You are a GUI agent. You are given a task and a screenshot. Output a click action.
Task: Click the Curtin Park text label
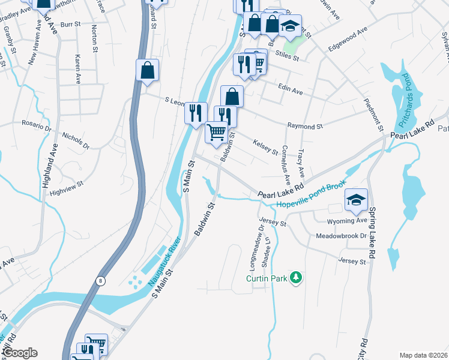265,278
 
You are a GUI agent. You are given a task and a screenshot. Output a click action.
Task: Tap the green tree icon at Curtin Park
295,277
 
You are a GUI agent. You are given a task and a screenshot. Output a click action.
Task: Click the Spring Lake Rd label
372,232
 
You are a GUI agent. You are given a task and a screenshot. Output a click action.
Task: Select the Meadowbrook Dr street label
341,236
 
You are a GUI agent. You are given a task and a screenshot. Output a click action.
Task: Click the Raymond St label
305,127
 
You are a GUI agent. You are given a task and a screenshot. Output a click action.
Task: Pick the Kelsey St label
266,148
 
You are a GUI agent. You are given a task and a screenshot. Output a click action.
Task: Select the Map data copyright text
424,355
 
